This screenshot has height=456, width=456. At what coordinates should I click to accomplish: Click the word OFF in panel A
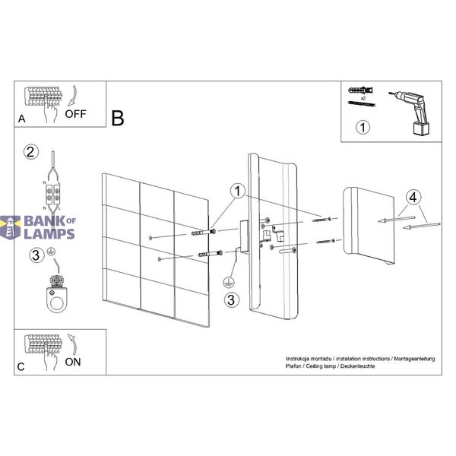point(75,114)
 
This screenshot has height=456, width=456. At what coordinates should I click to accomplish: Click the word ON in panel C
point(73,362)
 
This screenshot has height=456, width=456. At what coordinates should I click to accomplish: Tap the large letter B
point(118,119)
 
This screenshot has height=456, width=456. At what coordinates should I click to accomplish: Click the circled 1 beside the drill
point(363,127)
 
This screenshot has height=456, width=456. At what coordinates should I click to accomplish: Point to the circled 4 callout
point(413,198)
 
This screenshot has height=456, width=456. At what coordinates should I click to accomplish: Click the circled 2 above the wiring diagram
point(31,152)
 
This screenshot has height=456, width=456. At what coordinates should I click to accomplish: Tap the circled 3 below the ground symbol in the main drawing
point(232,300)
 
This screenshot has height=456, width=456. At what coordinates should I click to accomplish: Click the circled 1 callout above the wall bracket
point(238,192)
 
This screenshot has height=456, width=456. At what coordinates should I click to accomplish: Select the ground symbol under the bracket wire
point(228,282)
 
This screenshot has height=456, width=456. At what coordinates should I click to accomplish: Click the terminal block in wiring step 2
point(53,195)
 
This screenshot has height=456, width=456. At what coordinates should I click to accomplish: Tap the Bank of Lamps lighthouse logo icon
point(11,227)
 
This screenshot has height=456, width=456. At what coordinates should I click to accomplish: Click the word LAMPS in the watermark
point(49,234)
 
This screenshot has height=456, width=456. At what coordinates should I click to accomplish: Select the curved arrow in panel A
point(72,96)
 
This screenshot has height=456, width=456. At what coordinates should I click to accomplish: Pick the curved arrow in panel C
point(72,344)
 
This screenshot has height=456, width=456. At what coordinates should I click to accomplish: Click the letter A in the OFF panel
point(22,119)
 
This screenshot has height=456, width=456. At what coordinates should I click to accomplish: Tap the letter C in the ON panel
point(21,367)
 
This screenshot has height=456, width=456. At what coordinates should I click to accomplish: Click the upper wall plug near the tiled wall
point(203,233)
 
